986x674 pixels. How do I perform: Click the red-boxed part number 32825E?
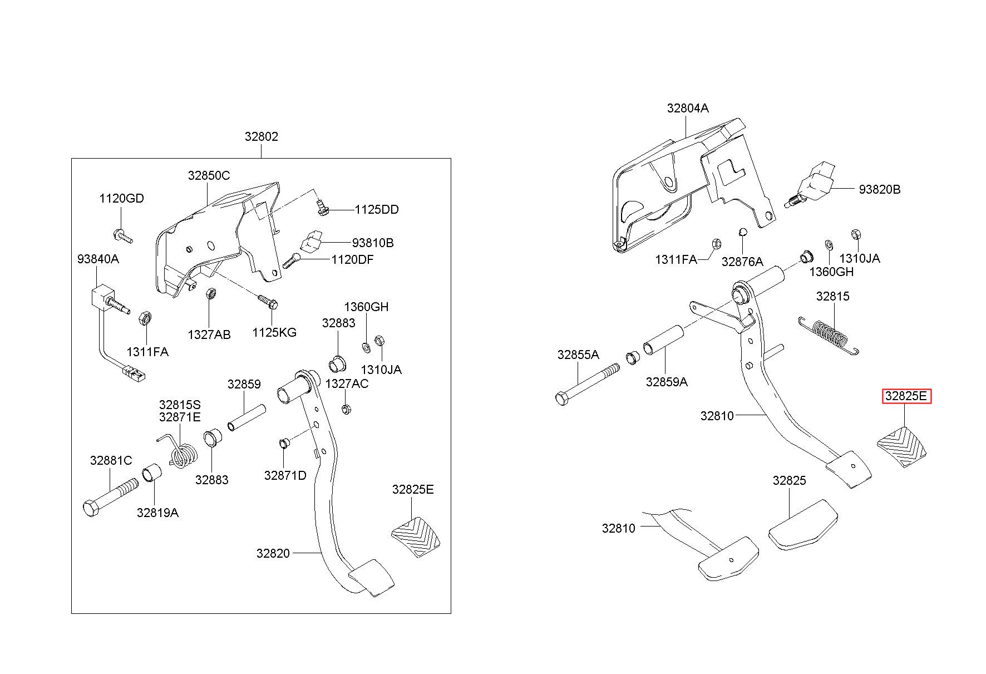pyautogui.click(x=906, y=396)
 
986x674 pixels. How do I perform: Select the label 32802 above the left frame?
pyautogui.click(x=261, y=136)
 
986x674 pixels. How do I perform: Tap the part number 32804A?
pyautogui.click(x=688, y=108)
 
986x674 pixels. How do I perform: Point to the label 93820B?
pyautogui.click(x=879, y=189)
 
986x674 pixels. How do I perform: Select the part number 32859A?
pyautogui.click(x=667, y=382)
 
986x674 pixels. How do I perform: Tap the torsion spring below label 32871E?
pyautogui.click(x=179, y=450)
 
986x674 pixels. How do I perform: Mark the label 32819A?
pyautogui.click(x=157, y=513)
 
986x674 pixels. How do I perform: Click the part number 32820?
pyautogui.click(x=273, y=553)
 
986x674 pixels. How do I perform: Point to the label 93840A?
pyautogui.click(x=98, y=259)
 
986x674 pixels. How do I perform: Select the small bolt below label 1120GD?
pyautogui.click(x=122, y=236)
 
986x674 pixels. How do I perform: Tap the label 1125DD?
pyautogui.click(x=377, y=210)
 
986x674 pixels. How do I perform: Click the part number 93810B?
pyautogui.click(x=372, y=243)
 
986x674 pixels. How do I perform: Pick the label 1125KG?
pyautogui.click(x=274, y=332)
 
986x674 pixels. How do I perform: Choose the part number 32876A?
pyautogui.click(x=742, y=262)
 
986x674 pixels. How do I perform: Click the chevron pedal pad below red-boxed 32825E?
pyautogui.click(x=902, y=446)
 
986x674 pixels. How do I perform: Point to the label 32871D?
pyautogui.click(x=285, y=475)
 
